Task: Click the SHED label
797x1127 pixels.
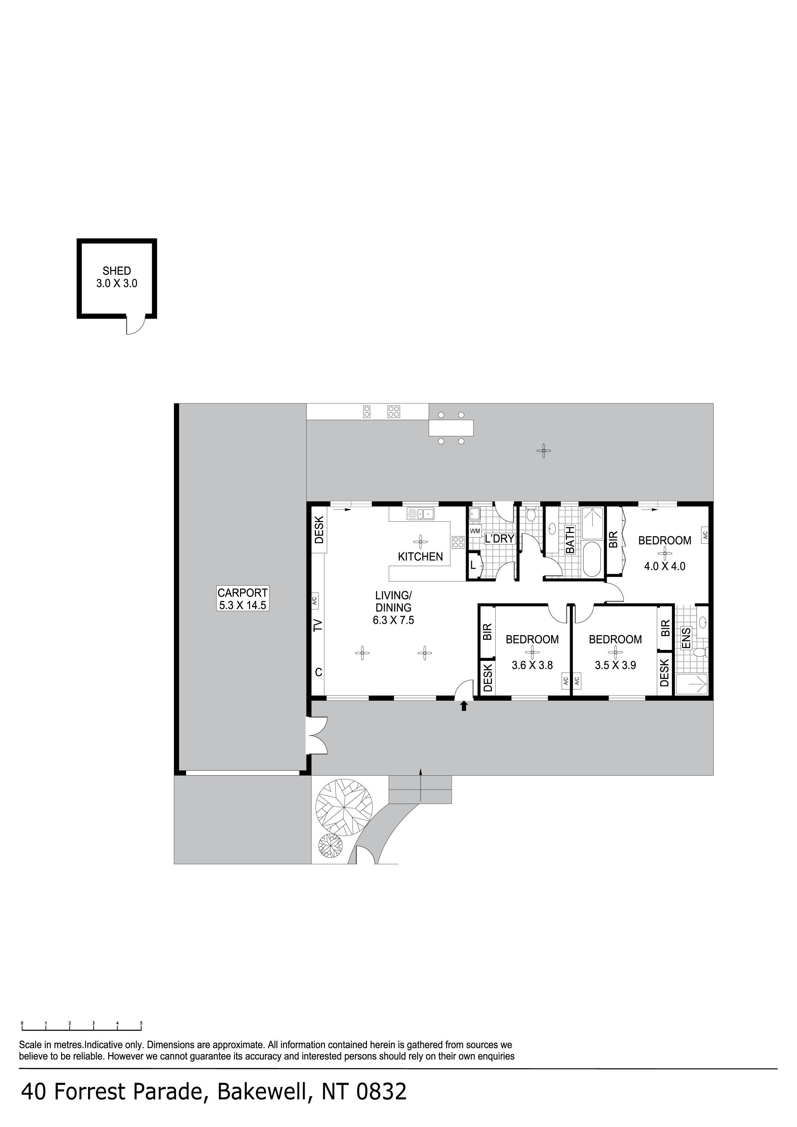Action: click(x=117, y=271)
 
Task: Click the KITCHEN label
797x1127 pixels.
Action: click(x=420, y=557)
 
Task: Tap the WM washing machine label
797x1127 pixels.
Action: click(x=475, y=531)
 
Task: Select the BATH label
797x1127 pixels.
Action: click(x=570, y=540)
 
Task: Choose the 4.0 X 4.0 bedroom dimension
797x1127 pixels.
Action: click(x=664, y=566)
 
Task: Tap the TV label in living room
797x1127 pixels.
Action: click(x=318, y=625)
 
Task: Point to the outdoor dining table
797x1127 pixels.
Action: click(x=451, y=428)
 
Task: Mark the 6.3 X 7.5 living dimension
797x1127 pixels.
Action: click(x=393, y=620)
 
